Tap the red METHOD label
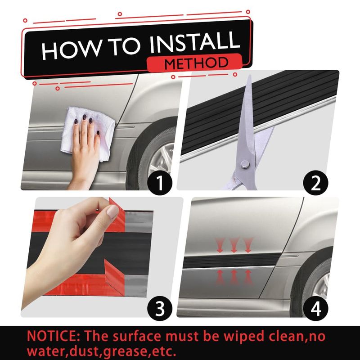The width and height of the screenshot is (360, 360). coord(195,63)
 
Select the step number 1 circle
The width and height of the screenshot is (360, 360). coord(160,183)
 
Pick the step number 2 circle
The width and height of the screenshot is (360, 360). coord(315,183)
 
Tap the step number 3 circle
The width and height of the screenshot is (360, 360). coord(160,308)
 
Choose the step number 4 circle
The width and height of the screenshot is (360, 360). coord(315,308)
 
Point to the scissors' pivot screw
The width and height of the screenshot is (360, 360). coord(245,164)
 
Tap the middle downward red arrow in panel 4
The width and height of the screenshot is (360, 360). coord(234,245)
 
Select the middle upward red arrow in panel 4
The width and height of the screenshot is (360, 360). coord(234,277)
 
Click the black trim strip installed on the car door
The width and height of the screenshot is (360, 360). coord(232,261)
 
